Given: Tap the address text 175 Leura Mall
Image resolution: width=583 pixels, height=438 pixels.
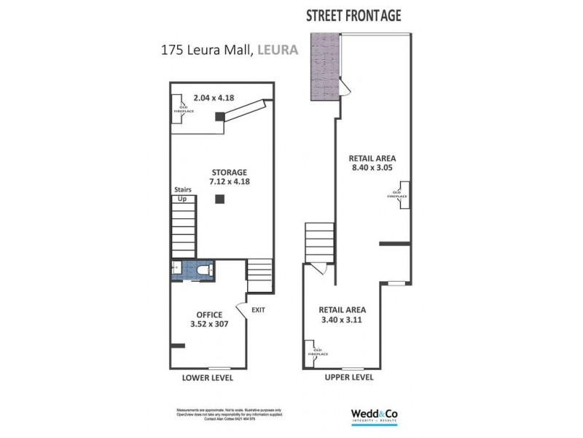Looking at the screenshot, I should pyautogui.click(x=203, y=51).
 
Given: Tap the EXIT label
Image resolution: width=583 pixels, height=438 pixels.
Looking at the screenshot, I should pyautogui.click(x=258, y=310).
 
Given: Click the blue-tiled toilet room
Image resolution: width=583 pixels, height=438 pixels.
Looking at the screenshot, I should pyautogui.click(x=192, y=271).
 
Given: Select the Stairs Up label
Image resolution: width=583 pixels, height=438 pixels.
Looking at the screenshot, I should pyautogui.click(x=182, y=193).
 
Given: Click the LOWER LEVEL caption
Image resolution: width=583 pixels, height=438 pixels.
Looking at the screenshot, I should pyautogui.click(x=207, y=378).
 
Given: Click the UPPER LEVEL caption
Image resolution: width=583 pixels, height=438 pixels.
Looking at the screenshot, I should pyautogui.click(x=348, y=377).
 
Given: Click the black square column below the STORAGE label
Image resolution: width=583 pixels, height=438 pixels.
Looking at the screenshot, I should pyautogui.click(x=219, y=200).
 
